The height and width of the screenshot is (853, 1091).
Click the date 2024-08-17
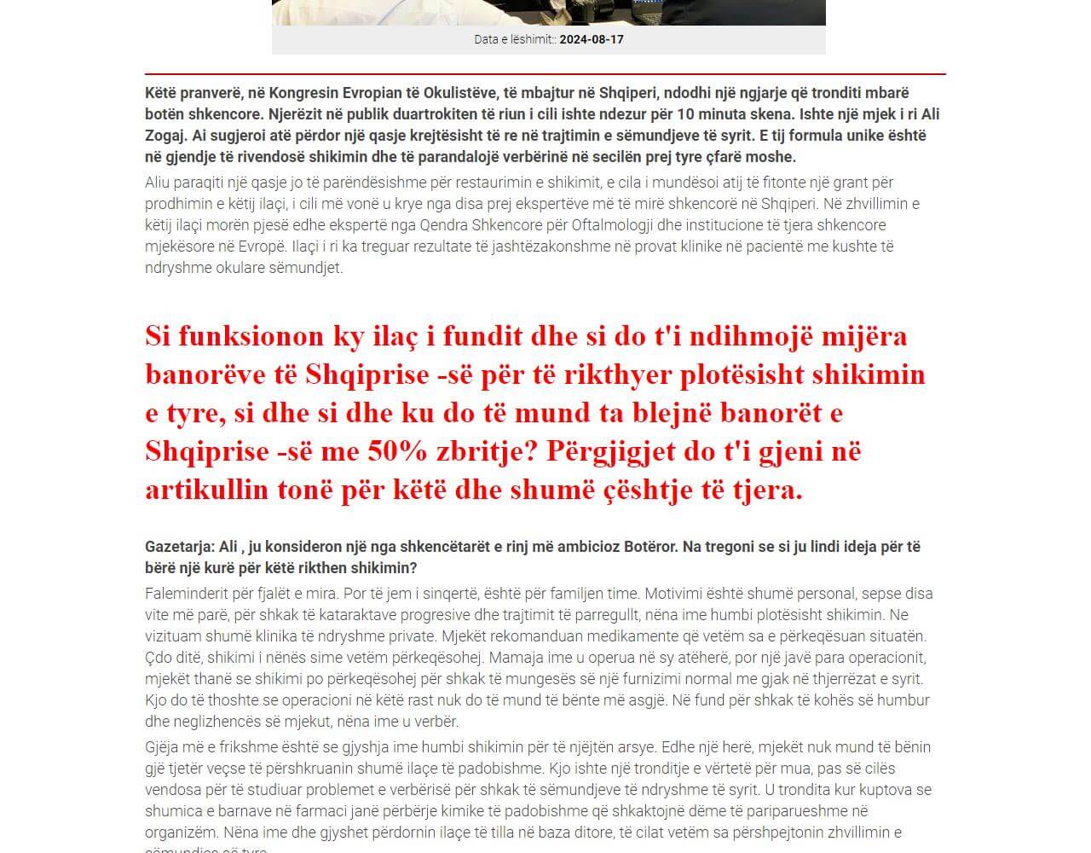(592, 39)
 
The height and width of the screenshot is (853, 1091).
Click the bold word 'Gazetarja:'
(180, 547)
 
